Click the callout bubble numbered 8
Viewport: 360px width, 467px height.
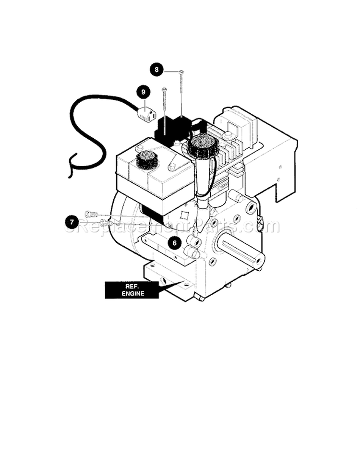(x=155, y=70)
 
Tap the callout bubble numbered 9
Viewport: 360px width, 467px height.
(x=143, y=91)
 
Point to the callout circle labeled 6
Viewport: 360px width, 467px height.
(x=175, y=243)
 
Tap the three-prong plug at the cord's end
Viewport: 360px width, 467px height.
(x=146, y=115)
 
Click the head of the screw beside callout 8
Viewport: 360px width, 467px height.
(x=181, y=72)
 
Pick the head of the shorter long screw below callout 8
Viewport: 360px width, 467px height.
(x=165, y=89)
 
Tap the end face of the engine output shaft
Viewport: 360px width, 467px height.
(x=260, y=260)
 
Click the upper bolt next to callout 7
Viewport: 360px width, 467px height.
(x=90, y=214)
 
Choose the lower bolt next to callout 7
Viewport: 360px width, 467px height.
(x=107, y=223)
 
